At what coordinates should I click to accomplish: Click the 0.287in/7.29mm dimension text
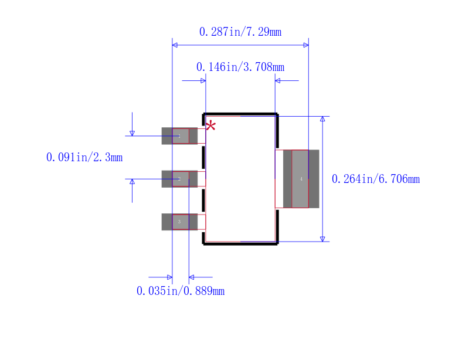[x=240, y=32]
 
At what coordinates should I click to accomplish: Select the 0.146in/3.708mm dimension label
[x=240, y=67]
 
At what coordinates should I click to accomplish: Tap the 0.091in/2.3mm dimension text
[x=84, y=157]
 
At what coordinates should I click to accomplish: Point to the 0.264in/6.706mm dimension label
[x=376, y=179]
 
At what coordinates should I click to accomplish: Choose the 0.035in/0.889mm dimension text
[x=181, y=291]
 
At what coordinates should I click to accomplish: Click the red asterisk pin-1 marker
[x=210, y=126]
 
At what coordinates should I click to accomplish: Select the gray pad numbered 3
[x=179, y=222]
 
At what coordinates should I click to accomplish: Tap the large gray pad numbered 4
[x=301, y=179]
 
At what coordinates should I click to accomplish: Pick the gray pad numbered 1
[x=179, y=135]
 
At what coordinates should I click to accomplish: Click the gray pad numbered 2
[x=179, y=179]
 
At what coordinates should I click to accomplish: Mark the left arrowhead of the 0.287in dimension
[x=175, y=45]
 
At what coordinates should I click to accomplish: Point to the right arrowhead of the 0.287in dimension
[x=305, y=45]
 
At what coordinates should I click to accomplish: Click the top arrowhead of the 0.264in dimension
[x=322, y=120]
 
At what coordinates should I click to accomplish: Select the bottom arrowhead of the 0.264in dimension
[x=322, y=238]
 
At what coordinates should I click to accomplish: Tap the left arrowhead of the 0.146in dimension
[x=202, y=80]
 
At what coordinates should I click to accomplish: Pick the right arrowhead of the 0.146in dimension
[x=278, y=80]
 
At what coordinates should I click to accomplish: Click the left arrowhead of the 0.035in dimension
[x=169, y=277]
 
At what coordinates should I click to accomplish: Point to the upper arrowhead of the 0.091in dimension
[x=132, y=133]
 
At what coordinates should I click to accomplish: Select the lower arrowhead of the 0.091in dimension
[x=132, y=182]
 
